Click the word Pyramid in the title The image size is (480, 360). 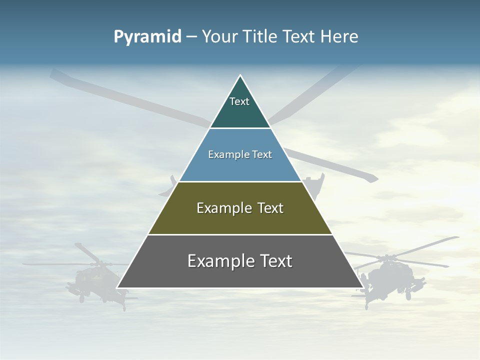147,37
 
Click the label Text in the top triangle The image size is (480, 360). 239,101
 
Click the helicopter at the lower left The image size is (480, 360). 95,277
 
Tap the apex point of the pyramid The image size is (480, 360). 240,75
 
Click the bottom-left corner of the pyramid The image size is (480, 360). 117,288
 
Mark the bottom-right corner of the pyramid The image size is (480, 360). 363,288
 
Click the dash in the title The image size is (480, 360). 191,37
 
